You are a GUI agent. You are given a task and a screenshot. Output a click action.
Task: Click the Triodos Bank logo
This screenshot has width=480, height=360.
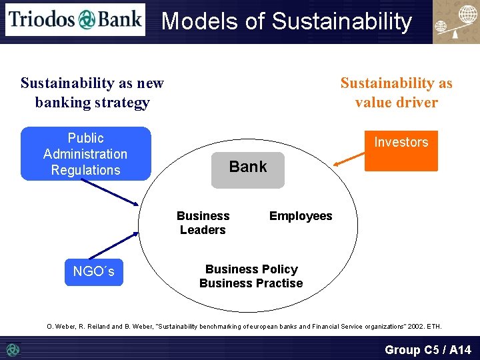[x=75, y=19]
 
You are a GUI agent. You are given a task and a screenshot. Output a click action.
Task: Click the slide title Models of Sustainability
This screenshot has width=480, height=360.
[x=287, y=21]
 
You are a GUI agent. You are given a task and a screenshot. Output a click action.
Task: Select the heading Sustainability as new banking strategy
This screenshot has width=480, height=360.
[x=92, y=93]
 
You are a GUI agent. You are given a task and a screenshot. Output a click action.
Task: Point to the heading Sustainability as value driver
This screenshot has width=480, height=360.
[x=396, y=93]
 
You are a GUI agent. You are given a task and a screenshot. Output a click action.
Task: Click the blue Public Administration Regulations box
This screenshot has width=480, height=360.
[x=85, y=154]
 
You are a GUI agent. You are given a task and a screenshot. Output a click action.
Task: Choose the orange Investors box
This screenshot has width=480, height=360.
[x=401, y=151]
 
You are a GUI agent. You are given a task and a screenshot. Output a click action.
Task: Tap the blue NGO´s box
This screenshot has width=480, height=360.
[x=93, y=272]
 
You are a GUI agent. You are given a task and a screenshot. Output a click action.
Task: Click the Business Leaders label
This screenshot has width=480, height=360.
[x=203, y=223]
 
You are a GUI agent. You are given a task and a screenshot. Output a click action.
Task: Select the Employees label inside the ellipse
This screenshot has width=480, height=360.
[x=300, y=216]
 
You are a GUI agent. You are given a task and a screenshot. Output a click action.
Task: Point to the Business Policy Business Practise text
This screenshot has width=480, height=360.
[x=251, y=276]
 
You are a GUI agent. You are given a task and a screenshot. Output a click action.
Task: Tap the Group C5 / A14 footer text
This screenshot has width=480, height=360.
[x=427, y=349]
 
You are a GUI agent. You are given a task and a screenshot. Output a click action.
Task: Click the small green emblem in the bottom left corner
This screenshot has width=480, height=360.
[x=12, y=349]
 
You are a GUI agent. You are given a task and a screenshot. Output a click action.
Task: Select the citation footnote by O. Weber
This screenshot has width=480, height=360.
[x=244, y=326]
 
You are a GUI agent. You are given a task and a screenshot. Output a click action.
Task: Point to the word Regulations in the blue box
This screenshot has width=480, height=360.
[x=85, y=170]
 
